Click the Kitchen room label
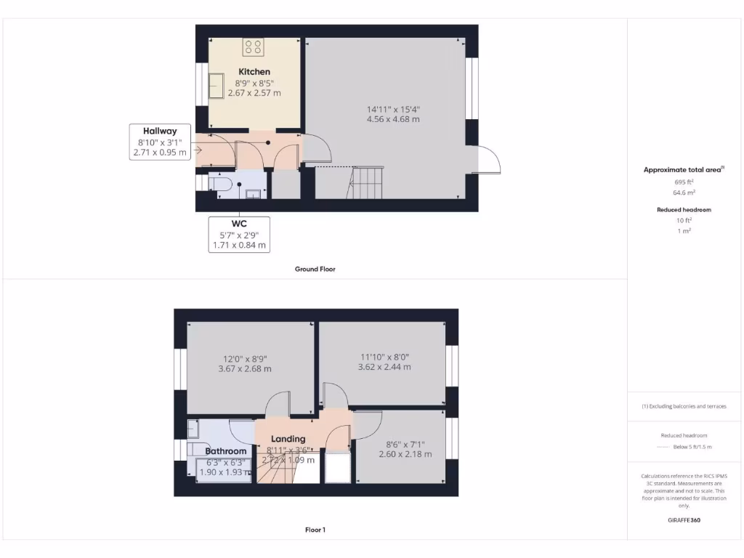(254, 72)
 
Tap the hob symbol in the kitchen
(254, 47)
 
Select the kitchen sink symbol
(217, 86)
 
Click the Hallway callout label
(159, 131)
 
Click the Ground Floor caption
(315, 269)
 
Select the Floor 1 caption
(315, 530)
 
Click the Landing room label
(288, 439)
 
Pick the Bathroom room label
(225, 451)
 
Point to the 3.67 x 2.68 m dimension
(245, 368)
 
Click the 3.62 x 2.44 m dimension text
(384, 367)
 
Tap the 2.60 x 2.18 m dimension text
(405, 454)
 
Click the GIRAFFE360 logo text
(684, 520)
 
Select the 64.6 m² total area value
(684, 193)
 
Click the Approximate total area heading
(683, 169)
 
